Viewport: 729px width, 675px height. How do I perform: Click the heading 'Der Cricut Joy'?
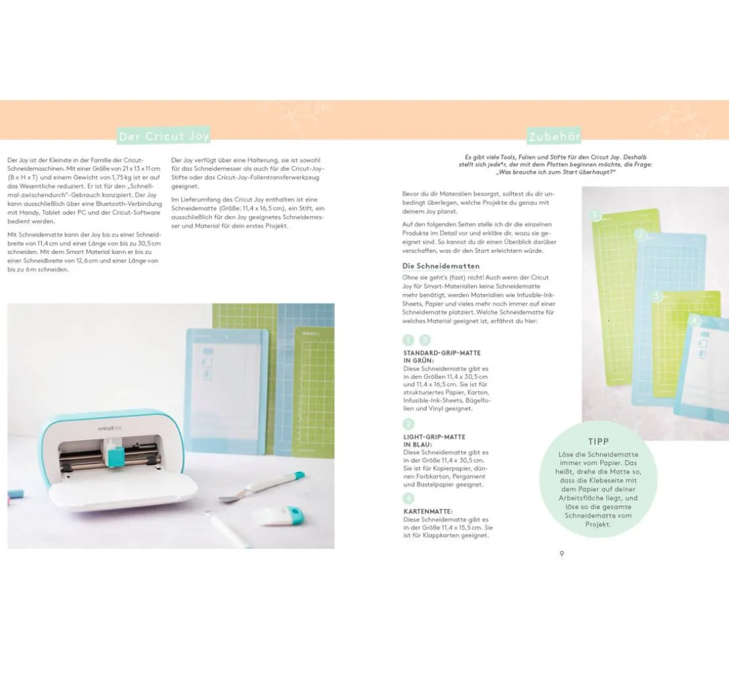(164, 136)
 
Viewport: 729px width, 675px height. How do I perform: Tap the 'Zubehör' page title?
(554, 137)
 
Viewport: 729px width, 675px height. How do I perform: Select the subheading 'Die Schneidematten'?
(441, 266)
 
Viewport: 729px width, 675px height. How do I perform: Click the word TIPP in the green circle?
(598, 442)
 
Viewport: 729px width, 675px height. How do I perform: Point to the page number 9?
(562, 554)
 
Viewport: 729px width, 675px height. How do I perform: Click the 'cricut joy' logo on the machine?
(110, 428)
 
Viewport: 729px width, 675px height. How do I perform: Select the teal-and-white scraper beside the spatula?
(278, 515)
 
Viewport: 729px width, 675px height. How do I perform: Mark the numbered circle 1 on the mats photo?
(595, 216)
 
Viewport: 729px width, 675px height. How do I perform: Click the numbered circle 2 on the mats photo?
(640, 235)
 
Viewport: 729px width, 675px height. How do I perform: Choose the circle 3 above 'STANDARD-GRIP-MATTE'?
(425, 340)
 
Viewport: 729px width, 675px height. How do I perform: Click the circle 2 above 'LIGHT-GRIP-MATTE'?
(409, 424)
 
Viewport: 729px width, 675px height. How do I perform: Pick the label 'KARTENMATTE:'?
(428, 512)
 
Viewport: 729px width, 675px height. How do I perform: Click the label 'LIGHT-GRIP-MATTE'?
(434, 437)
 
